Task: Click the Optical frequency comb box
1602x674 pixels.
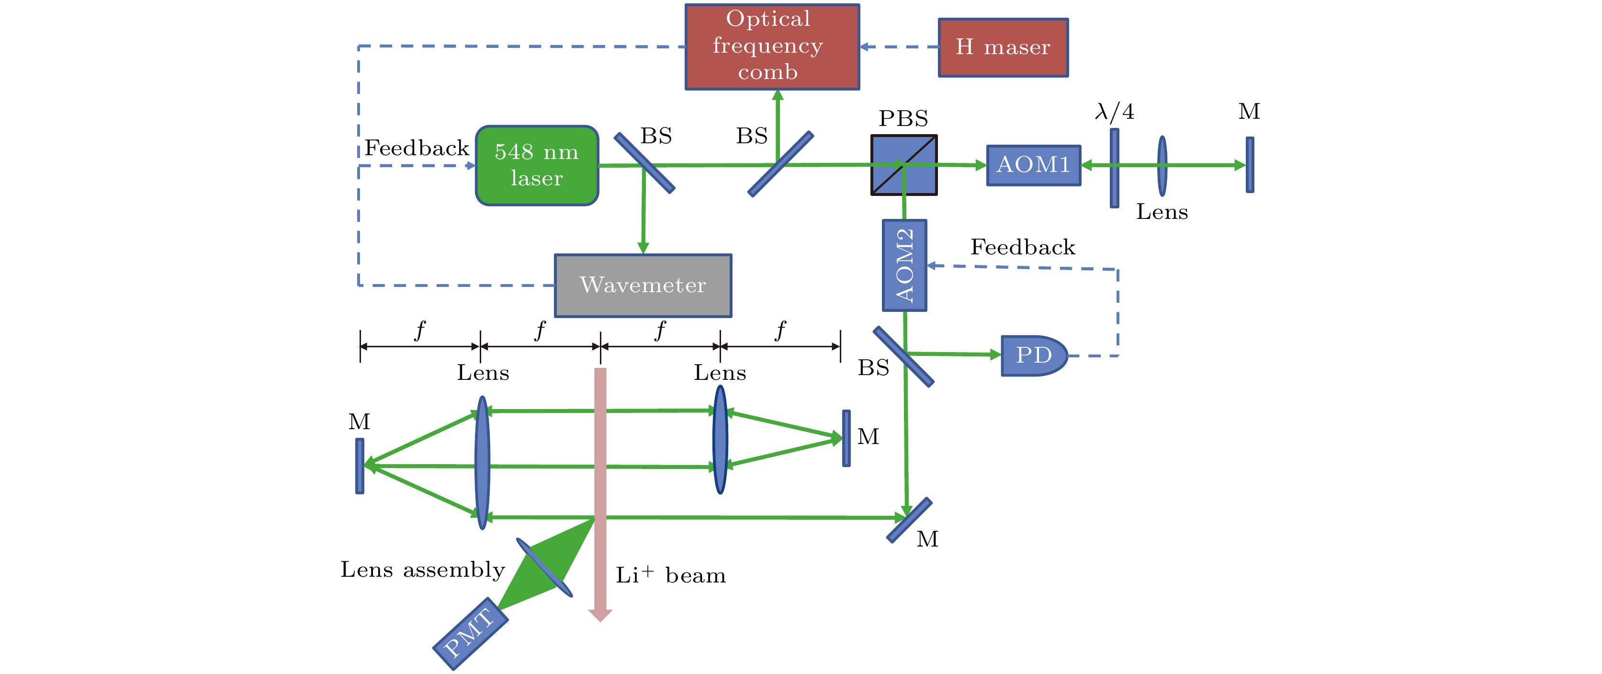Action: (772, 46)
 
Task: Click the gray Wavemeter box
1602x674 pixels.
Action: (643, 286)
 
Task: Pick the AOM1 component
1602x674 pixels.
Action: (1033, 165)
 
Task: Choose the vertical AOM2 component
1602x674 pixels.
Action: (904, 265)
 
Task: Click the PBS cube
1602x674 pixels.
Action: (903, 165)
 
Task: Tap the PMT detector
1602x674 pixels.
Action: (470, 634)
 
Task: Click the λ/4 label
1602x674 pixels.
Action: (1114, 112)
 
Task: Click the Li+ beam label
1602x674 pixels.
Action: (670, 575)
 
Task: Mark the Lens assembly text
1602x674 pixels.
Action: (422, 570)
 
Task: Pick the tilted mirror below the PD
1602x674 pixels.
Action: (909, 520)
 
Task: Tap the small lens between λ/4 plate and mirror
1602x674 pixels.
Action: (1162, 166)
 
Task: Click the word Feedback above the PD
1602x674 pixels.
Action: (1022, 247)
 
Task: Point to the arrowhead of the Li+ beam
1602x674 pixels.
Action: (600, 615)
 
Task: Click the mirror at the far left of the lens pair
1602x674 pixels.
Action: (360, 466)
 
